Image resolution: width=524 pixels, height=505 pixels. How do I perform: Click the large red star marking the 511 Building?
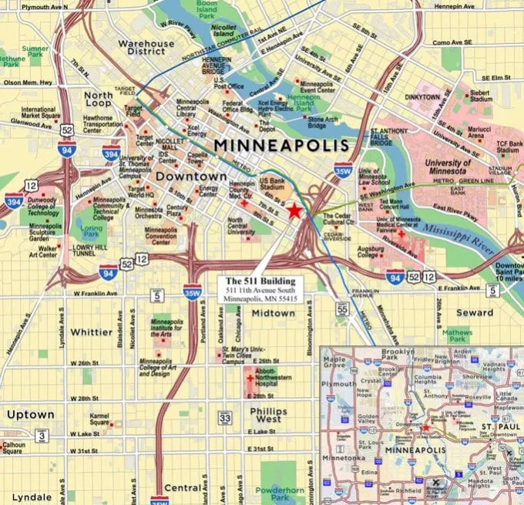pyautogui.click(x=294, y=210)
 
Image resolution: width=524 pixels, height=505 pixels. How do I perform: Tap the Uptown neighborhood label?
pyautogui.click(x=31, y=414)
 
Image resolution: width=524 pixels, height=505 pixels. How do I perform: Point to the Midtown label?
pyautogui.click(x=273, y=314)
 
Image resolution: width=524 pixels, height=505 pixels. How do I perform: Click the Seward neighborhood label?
pyautogui.click(x=474, y=312)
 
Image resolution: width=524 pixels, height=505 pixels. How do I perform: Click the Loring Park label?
pyautogui.click(x=92, y=229)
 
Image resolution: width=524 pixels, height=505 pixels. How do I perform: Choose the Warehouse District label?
pyautogui.click(x=146, y=49)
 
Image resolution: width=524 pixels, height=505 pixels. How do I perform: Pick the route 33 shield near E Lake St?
pyautogui.click(x=224, y=418)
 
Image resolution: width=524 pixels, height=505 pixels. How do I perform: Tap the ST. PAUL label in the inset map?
pyautogui.click(x=493, y=426)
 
